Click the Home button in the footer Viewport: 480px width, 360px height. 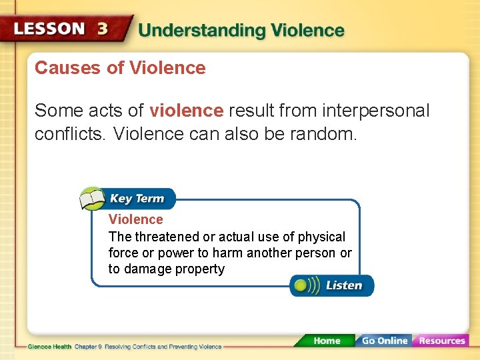click(x=326, y=341)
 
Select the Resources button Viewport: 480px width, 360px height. click(x=441, y=341)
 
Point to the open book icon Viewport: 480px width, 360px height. click(x=93, y=199)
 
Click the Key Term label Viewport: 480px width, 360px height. click(x=137, y=199)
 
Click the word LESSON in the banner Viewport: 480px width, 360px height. click(x=50, y=29)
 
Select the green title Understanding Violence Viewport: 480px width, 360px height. click(x=241, y=31)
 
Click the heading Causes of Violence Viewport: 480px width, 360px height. click(x=120, y=68)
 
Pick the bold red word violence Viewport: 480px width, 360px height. click(x=187, y=111)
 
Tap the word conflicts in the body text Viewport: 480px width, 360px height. click(x=70, y=135)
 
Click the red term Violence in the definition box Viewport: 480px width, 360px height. click(x=135, y=219)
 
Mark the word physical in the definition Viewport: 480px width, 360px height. click(x=321, y=237)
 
